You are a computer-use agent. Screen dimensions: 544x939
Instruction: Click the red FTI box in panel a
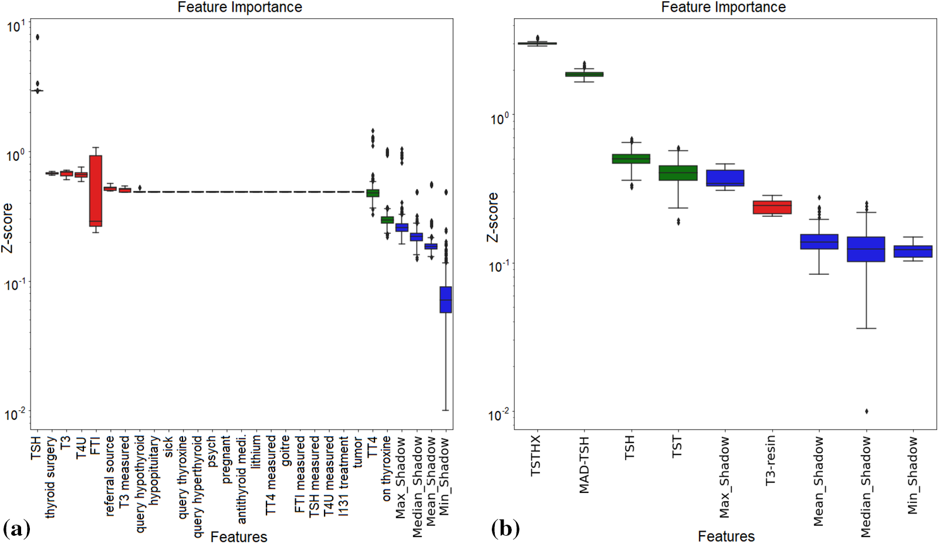(95, 191)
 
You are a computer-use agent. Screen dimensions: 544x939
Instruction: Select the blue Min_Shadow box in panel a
(445, 300)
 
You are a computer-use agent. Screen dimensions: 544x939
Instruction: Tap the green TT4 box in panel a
(373, 193)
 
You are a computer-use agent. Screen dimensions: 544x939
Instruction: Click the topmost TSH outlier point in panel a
(38, 37)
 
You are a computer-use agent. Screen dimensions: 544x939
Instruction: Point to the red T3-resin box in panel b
(772, 207)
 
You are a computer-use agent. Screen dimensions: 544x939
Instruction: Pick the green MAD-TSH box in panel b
(584, 74)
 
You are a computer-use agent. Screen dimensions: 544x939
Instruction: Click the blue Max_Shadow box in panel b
(725, 178)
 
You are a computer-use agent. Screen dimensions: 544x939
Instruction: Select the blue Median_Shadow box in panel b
(866, 249)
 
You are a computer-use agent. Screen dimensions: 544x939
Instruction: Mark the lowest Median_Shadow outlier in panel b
(866, 411)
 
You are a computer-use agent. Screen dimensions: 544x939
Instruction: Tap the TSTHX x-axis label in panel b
(535, 455)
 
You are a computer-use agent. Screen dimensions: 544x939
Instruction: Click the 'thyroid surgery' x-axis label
(51, 477)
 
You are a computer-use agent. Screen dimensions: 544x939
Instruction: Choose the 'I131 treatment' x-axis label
(344, 475)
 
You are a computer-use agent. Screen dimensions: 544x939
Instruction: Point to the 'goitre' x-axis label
(286, 451)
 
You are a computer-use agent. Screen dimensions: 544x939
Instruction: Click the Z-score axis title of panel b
(492, 217)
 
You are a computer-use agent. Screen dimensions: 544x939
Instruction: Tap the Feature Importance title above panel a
(239, 7)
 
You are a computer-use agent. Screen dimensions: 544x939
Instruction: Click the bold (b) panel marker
(505, 529)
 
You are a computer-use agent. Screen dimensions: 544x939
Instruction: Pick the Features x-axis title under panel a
(238, 536)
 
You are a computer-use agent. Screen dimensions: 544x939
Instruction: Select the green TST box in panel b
(678, 173)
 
